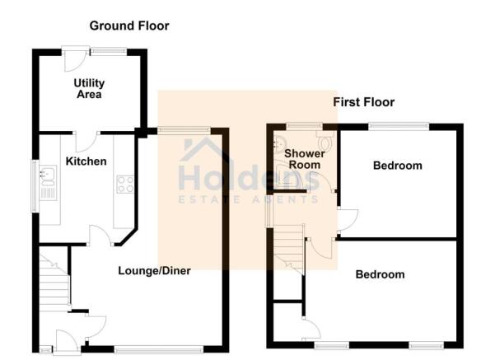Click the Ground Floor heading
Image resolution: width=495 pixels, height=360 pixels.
pyautogui.click(x=129, y=26)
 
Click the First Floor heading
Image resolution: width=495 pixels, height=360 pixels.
pyautogui.click(x=364, y=102)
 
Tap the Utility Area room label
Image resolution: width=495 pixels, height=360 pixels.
pyautogui.click(x=89, y=89)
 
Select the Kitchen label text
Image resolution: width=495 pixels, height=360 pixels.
pyautogui.click(x=86, y=161)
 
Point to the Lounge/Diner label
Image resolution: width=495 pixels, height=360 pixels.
pyautogui.click(x=154, y=271)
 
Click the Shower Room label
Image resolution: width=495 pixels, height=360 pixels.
pyautogui.click(x=304, y=159)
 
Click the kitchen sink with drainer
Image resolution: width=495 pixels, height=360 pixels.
pyautogui.click(x=48, y=183)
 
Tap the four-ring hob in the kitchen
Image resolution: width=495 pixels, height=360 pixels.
pyautogui.click(x=125, y=184)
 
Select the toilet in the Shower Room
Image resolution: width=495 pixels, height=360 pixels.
pyautogui.click(x=325, y=141)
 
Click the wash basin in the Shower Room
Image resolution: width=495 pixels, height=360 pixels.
pyautogui.click(x=278, y=143)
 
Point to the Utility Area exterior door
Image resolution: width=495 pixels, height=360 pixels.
pyautogui.click(x=75, y=59)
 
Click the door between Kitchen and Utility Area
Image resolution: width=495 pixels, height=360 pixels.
pyautogui.click(x=87, y=141)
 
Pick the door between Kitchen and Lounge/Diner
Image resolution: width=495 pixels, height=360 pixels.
pyautogui.click(x=101, y=235)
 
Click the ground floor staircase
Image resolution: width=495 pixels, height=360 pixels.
pyautogui.click(x=54, y=283)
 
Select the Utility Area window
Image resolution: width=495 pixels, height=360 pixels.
pyautogui.click(x=109, y=50)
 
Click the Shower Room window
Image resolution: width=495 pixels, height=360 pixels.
pyautogui.click(x=304, y=126)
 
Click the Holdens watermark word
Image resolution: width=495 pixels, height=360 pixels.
pyautogui.click(x=249, y=178)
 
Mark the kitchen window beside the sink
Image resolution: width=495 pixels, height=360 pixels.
pyautogui.click(x=35, y=186)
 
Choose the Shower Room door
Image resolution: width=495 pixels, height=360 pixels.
pyautogui.click(x=321, y=182)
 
